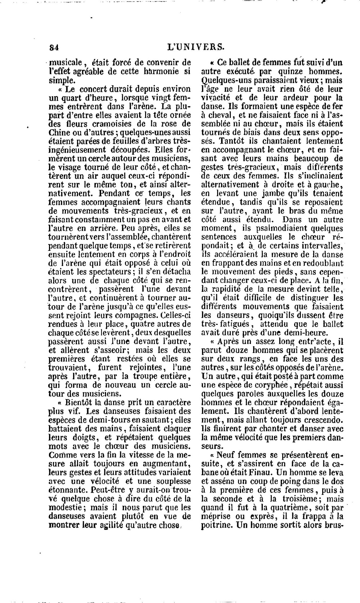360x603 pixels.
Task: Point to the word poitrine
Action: pyautogui.click(x=216, y=525)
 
